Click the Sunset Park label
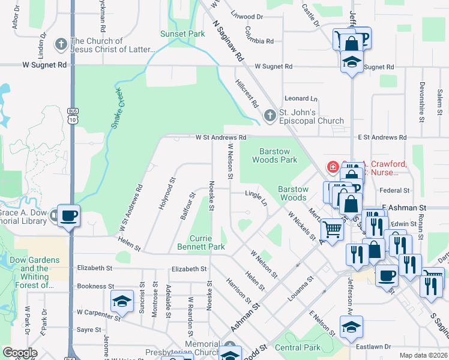pos(182,34)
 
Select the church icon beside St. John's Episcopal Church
pos(270,115)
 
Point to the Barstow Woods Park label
pos(278,155)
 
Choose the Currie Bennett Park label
pos(200,242)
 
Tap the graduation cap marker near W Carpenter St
pos(122,301)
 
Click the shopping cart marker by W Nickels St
pos(331,229)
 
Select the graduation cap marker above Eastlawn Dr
pos(351,327)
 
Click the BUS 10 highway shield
pos(73,116)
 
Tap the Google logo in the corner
pos(20,353)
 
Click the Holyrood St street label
pos(166,193)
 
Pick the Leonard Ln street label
pos(301,98)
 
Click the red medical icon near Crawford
pos(331,167)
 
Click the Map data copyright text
pos(423,355)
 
